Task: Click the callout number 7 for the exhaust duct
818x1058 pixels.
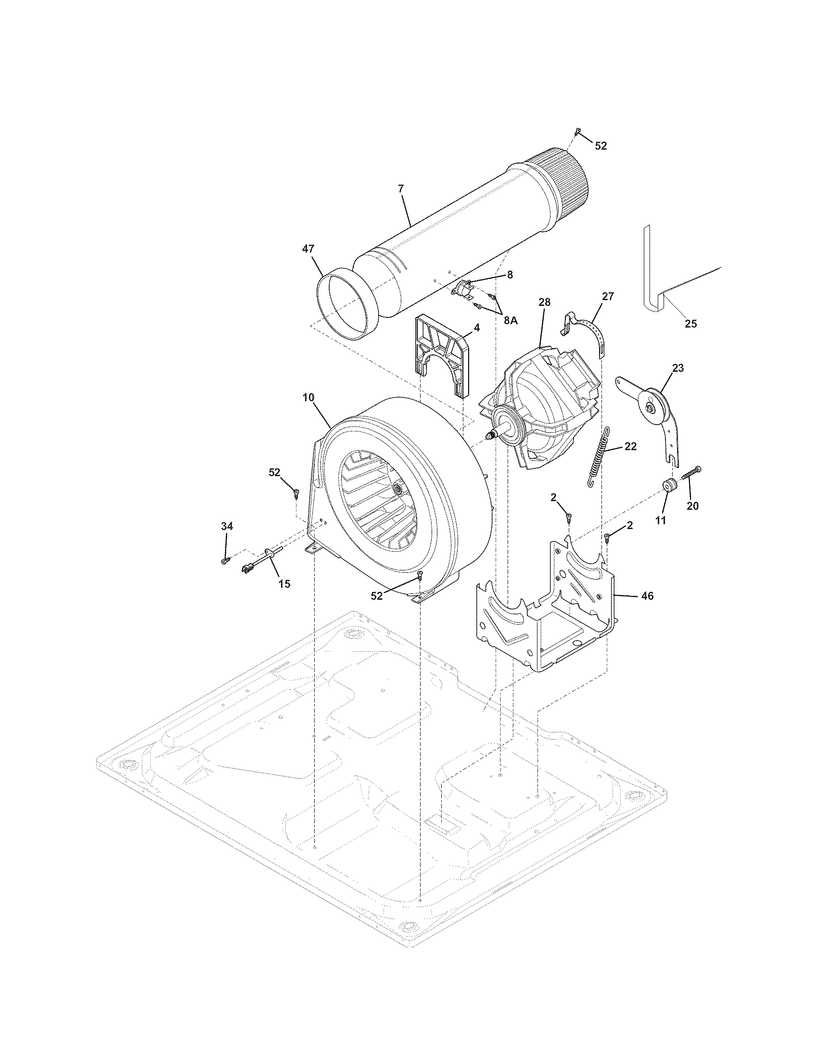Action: click(x=401, y=189)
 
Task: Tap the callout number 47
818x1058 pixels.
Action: click(x=308, y=249)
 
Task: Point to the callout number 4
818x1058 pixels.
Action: click(x=477, y=328)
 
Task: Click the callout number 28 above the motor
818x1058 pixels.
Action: click(x=544, y=302)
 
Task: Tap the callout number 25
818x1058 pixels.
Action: click(x=690, y=324)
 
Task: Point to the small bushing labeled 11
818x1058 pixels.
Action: click(x=670, y=485)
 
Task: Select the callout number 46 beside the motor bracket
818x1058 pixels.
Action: click(x=647, y=596)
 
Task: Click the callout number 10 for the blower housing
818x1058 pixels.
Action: click(x=309, y=397)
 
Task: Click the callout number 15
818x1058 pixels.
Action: click(x=284, y=584)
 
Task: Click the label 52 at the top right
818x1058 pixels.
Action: click(x=601, y=146)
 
